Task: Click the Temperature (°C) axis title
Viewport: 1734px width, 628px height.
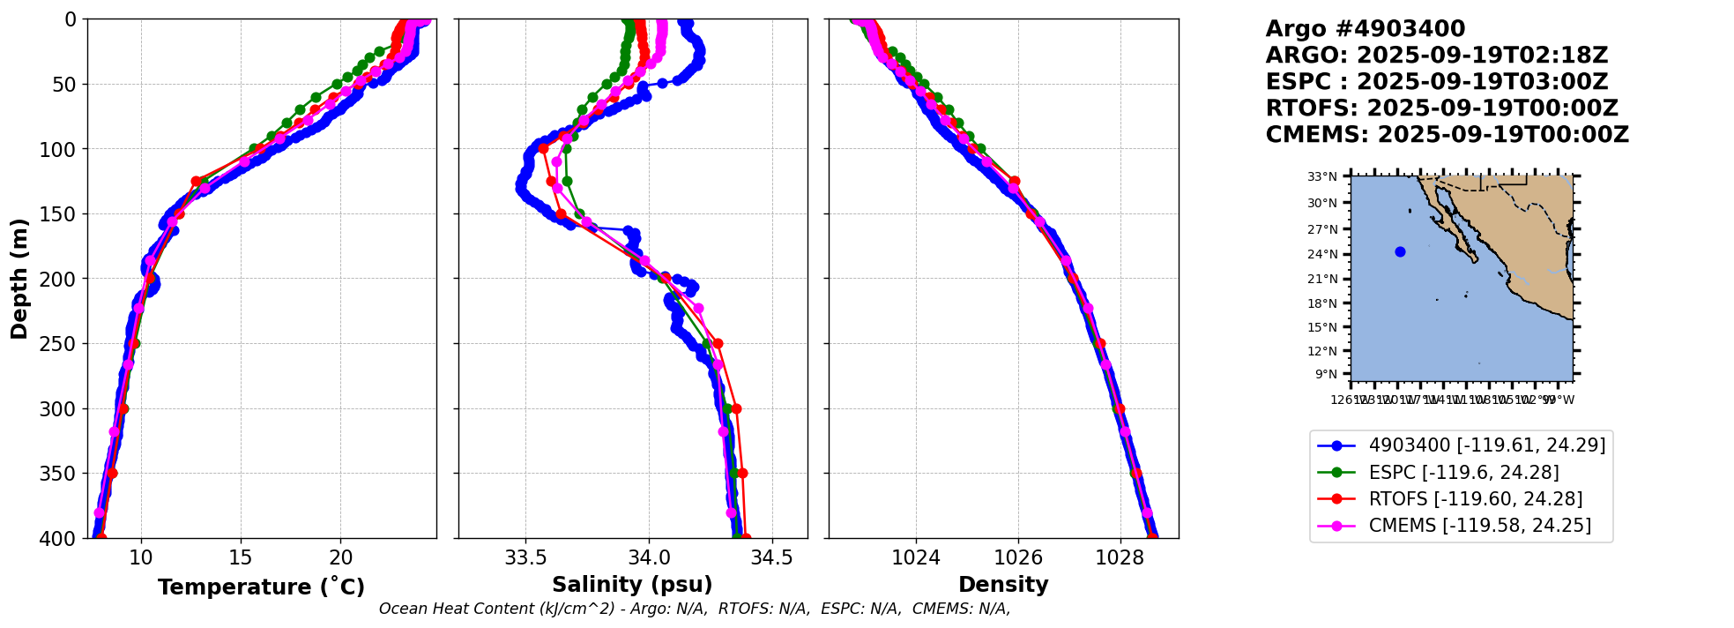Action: pyautogui.click(x=261, y=587)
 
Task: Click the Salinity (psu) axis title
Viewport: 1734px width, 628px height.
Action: pyautogui.click(x=632, y=585)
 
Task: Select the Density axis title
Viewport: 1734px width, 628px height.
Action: pyautogui.click(x=1003, y=585)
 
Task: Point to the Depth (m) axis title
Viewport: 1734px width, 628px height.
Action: pyautogui.click(x=19, y=278)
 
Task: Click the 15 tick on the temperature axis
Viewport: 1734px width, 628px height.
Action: pyautogui.click(x=241, y=557)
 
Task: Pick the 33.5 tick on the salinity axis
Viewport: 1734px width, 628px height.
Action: pyautogui.click(x=525, y=557)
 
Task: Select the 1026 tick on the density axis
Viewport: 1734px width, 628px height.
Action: pyautogui.click(x=1018, y=557)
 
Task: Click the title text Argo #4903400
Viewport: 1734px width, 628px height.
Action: pyautogui.click(x=1365, y=29)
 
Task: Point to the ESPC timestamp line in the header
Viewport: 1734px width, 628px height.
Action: pyautogui.click(x=1436, y=82)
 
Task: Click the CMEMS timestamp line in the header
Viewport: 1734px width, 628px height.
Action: pyautogui.click(x=1447, y=135)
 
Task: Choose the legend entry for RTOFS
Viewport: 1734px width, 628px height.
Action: pyautogui.click(x=1475, y=499)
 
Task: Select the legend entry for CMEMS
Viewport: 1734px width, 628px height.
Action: pyautogui.click(x=1479, y=526)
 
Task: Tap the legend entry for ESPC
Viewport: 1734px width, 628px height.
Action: pyautogui.click(x=1463, y=473)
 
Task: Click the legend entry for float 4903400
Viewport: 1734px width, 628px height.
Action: pyautogui.click(x=1486, y=445)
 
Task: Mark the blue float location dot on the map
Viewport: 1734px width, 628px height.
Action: pyautogui.click(x=1400, y=251)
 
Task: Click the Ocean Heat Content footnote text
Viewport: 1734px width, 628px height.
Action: pyautogui.click(x=694, y=609)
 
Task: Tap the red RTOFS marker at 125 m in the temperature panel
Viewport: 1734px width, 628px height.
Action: pyautogui.click(x=196, y=181)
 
